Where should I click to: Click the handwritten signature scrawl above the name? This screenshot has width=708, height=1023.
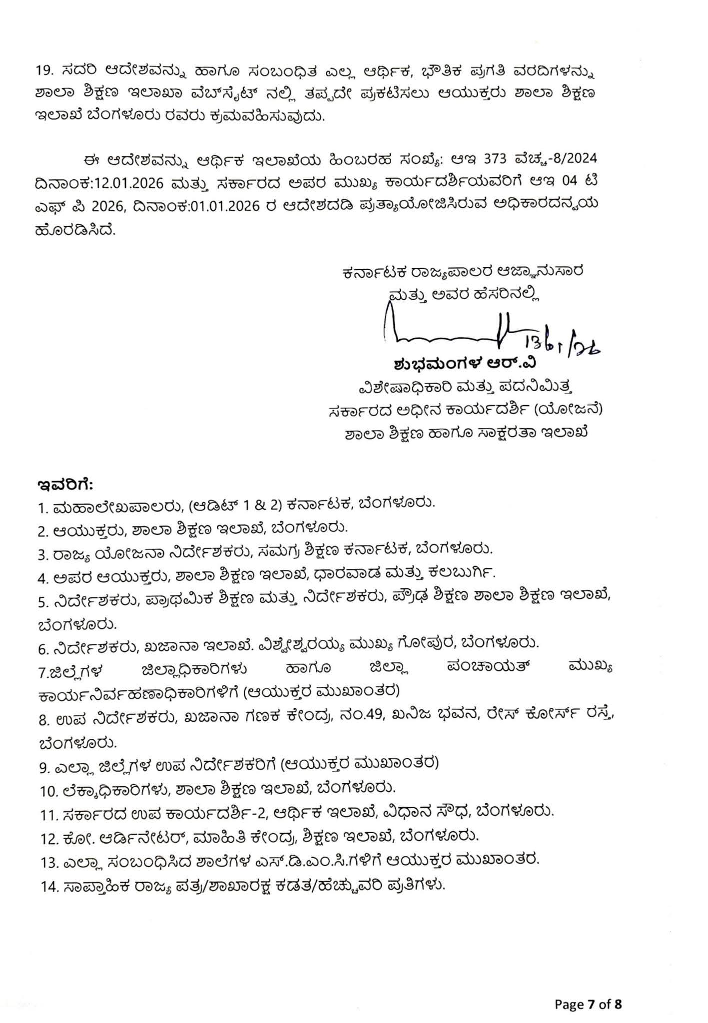(450, 332)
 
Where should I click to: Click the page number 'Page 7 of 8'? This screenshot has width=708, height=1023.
(588, 991)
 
